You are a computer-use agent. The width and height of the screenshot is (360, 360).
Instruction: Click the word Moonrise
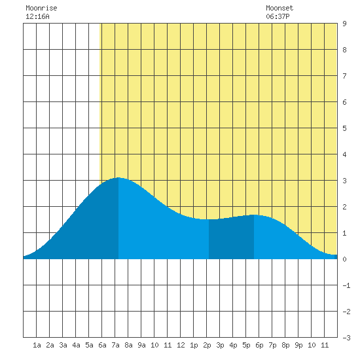(x=41, y=8)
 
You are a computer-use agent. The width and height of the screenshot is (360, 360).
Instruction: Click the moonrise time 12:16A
(x=37, y=16)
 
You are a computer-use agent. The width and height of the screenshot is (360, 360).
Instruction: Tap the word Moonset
(x=279, y=8)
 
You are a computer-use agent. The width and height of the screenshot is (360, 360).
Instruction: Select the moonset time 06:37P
(x=278, y=16)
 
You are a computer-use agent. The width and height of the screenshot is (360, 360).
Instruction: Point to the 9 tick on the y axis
(x=344, y=24)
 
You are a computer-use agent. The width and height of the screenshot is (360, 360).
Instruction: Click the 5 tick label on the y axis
(x=344, y=128)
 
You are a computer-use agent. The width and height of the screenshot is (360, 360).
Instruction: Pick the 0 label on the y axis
(x=344, y=259)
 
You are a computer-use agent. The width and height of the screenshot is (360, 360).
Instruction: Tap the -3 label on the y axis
(x=346, y=338)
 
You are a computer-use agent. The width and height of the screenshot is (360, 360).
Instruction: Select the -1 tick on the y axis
(x=346, y=285)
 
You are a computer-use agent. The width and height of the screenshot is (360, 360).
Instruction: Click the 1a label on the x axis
(x=37, y=345)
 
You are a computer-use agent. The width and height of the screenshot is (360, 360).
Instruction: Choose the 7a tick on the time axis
(x=115, y=345)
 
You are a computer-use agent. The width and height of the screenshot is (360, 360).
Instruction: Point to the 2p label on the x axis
(x=207, y=345)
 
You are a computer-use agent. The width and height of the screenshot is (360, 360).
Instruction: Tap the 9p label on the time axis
(x=298, y=345)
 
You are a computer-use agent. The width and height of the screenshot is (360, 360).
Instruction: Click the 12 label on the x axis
(x=181, y=345)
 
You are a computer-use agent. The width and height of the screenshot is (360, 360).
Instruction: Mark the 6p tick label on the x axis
(x=259, y=345)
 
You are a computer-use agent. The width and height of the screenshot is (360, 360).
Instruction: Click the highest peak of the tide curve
(x=118, y=177)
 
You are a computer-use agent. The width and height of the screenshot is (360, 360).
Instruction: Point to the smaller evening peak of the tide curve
(x=254, y=215)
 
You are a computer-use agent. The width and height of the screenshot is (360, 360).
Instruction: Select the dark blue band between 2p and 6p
(x=232, y=239)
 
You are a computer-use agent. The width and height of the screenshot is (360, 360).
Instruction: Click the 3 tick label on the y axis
(x=344, y=181)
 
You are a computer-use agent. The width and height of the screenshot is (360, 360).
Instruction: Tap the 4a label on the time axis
(x=76, y=345)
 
